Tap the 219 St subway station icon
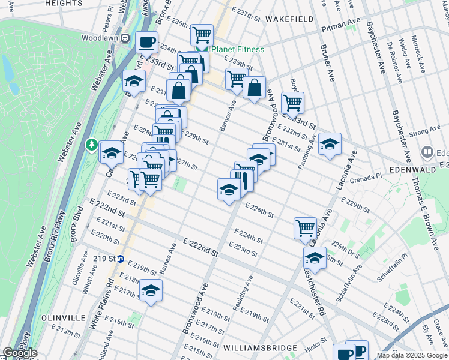coord(120,259)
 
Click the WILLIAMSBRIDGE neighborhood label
coord(260,348)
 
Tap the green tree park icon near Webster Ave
coord(91,145)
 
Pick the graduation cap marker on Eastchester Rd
coord(315,257)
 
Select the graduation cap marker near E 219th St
coord(151,290)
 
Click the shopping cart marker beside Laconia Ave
coord(305,228)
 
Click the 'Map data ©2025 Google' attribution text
coord(411,355)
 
